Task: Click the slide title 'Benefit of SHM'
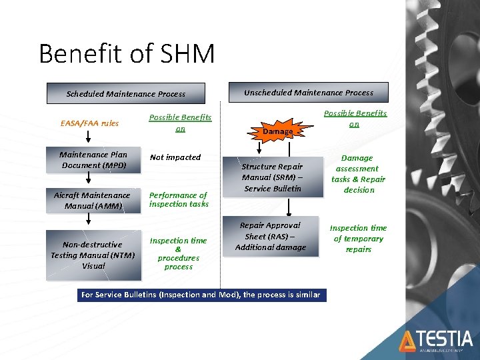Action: pos(127,54)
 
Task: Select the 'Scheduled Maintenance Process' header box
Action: pos(125,94)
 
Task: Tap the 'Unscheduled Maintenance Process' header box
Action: pos(308,93)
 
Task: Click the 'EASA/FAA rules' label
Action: pos(89,123)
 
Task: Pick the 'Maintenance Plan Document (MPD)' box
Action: pos(93,160)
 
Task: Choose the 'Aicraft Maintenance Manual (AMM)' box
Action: pos(93,201)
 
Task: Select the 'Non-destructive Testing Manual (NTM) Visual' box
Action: pos(93,255)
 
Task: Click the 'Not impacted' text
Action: pos(175,157)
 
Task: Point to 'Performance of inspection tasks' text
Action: pos(179,199)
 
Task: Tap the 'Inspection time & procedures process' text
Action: pos(178,253)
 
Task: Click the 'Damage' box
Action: pos(277,131)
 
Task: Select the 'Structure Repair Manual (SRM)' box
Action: pos(272,177)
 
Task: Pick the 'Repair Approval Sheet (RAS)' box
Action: pos(270,237)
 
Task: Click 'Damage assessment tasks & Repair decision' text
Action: pos(358,174)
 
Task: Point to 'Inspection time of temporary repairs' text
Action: pos(358,239)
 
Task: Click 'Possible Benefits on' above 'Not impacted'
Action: pos(179,123)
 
